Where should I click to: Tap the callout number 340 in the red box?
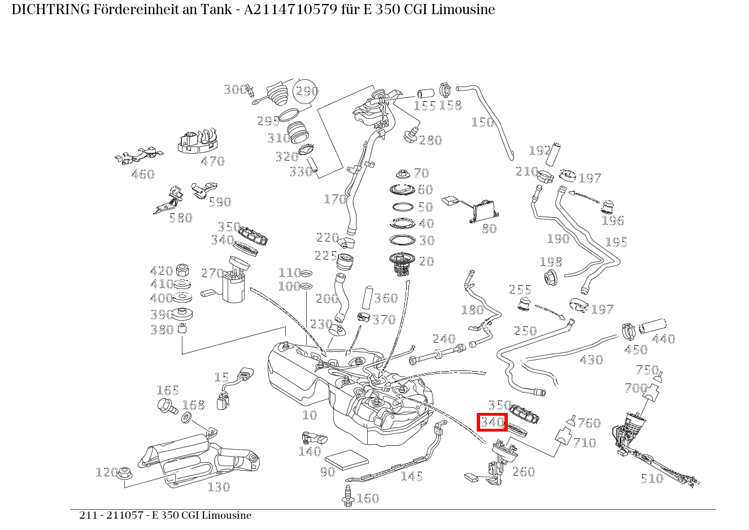point(492,422)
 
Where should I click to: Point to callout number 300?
point(234,89)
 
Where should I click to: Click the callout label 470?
point(212,161)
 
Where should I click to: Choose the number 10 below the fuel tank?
point(310,415)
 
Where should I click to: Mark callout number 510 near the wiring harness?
point(651,479)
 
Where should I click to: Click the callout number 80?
point(489,229)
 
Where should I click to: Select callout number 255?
point(520,290)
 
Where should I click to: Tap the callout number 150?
point(482,122)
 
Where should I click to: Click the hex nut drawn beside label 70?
point(402,173)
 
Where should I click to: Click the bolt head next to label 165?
point(166,404)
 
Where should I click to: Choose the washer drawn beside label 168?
point(186,418)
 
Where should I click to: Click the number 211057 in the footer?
point(127,515)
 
